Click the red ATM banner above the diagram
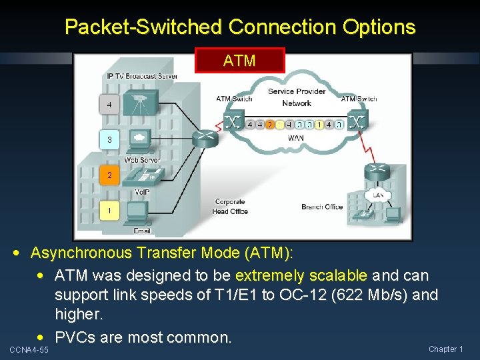pyautogui.click(x=239, y=60)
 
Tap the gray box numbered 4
pyautogui.click(x=109, y=105)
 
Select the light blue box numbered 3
pyautogui.click(x=109, y=140)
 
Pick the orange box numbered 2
pyautogui.click(x=109, y=176)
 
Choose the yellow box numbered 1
pyautogui.click(x=109, y=211)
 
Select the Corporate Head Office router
pyautogui.click(x=204, y=139)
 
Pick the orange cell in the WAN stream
pyautogui.click(x=269, y=124)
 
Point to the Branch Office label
pyautogui.click(x=322, y=207)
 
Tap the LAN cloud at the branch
pyautogui.click(x=378, y=195)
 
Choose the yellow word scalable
pyautogui.click(x=334, y=275)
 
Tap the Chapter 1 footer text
pyautogui.click(x=446, y=349)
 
